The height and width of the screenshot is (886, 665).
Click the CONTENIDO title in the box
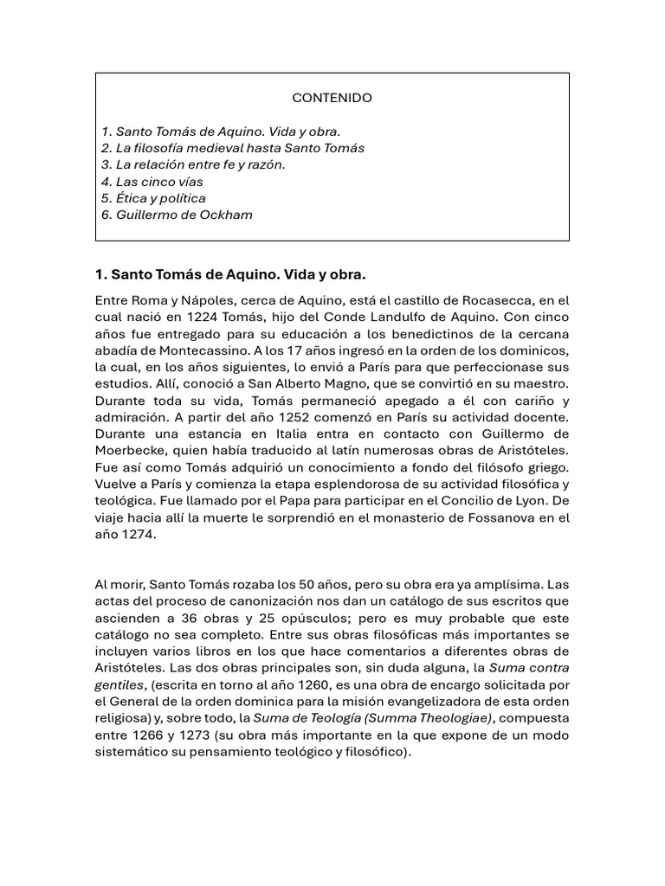point(332,98)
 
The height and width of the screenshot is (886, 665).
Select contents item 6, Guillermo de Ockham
point(177,215)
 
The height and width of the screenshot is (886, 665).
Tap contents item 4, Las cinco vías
point(152,182)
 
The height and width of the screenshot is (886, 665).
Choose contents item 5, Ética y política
point(153,198)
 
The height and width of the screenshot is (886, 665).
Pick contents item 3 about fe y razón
point(192,164)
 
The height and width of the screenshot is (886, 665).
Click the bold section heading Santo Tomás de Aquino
point(230,275)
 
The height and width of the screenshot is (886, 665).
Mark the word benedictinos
point(411,334)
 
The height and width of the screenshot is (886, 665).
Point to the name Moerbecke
point(135,451)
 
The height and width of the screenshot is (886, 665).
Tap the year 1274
point(137,535)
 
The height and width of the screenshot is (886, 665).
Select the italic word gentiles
point(120,684)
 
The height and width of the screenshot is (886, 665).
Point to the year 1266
point(151,735)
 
